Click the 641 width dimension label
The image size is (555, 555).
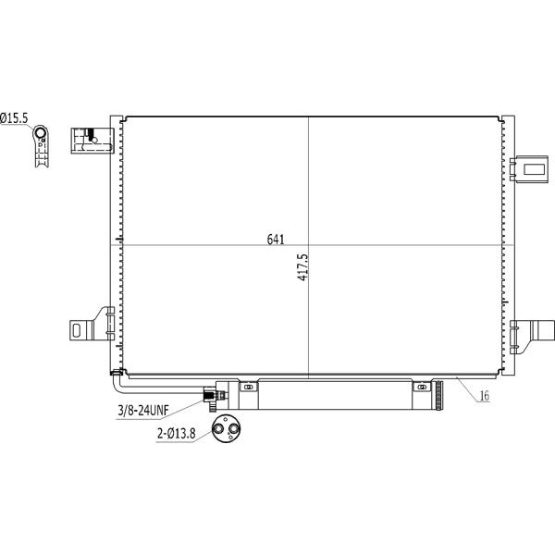click(x=276, y=240)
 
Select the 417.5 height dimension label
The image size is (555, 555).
click(x=302, y=267)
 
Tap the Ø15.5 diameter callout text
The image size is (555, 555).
click(x=14, y=118)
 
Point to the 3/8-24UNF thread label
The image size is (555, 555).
click(x=143, y=410)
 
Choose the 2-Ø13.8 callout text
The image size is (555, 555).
click(x=176, y=433)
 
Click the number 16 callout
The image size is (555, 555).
click(x=484, y=396)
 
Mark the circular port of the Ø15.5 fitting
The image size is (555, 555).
click(x=41, y=133)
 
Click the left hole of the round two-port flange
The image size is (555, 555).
click(x=218, y=429)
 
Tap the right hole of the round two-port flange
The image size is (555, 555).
click(x=233, y=429)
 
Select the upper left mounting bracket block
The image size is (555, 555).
click(x=92, y=141)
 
